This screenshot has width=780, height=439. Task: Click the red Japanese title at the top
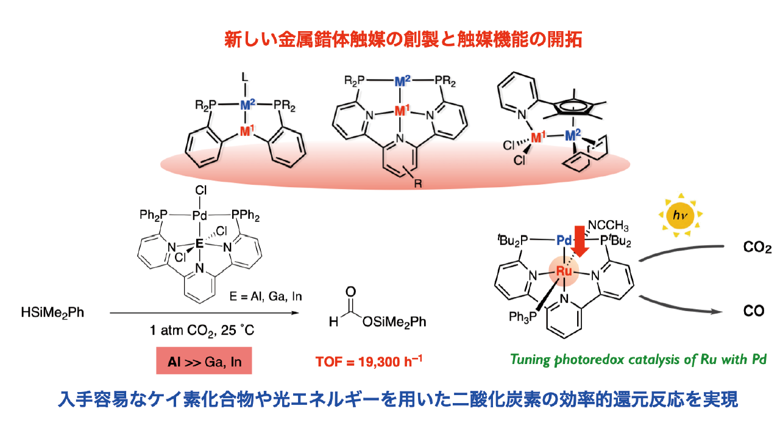pos(390,41)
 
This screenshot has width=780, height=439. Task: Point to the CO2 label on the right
pos(757,248)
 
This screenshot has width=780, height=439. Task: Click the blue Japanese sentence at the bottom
pos(390,400)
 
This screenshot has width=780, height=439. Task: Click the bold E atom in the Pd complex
pos(199,243)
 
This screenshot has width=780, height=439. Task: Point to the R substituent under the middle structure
pos(418,183)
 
